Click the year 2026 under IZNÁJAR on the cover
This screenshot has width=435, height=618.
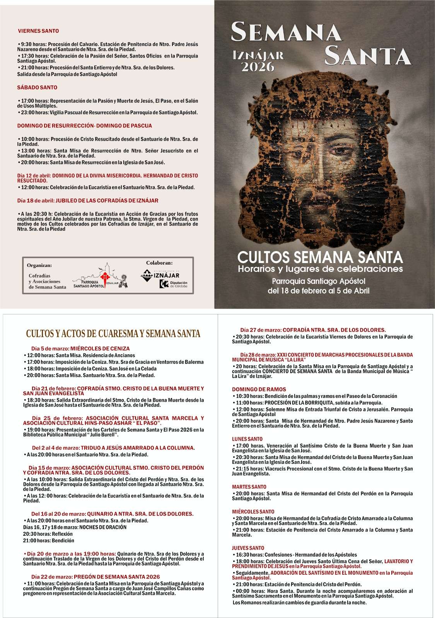[258, 66]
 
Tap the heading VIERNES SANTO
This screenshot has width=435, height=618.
[38, 31]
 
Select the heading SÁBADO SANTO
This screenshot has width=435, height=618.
[37, 88]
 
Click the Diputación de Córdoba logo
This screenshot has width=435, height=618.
[174, 284]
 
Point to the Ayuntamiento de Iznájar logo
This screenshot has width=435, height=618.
[160, 275]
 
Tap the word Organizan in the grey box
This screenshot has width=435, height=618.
[39, 265]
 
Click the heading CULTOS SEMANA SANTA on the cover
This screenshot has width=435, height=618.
[320, 256]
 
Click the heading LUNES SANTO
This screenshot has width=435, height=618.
[247, 439]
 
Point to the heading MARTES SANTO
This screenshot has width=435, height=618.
[249, 487]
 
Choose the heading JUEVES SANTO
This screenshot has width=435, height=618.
[248, 548]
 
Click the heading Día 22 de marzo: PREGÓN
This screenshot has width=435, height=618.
[96, 577]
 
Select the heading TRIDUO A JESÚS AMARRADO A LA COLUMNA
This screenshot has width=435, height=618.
[113, 448]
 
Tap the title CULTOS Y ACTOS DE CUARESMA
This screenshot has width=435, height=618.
[113, 333]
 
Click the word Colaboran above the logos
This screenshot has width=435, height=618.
[159, 263]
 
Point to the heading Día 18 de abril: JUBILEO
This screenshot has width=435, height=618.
[88, 201]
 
